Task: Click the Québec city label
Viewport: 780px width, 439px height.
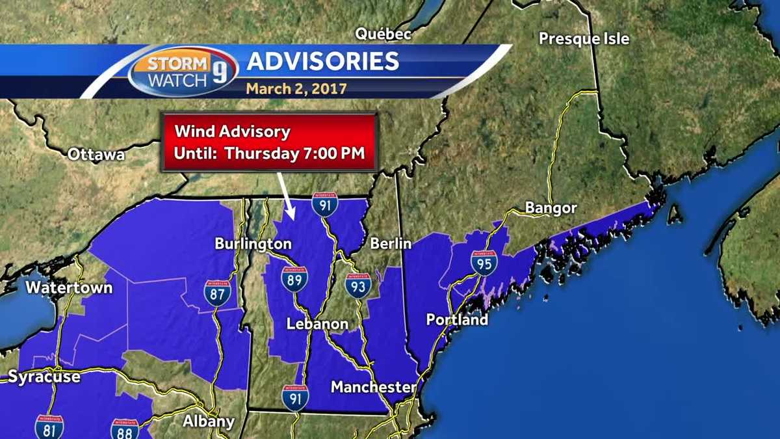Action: click(383, 33)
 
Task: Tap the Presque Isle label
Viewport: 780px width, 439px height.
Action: click(584, 39)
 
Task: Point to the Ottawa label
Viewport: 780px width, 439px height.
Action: click(96, 155)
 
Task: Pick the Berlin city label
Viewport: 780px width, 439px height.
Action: click(391, 244)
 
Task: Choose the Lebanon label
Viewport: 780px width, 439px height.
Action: click(318, 324)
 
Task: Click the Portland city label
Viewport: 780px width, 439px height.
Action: click(457, 320)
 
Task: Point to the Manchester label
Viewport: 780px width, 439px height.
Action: click(373, 387)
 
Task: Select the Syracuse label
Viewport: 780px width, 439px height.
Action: click(44, 377)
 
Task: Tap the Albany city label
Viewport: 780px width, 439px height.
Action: click(208, 421)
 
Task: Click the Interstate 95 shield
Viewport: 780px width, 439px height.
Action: click(484, 263)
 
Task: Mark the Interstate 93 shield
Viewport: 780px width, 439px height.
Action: click(357, 286)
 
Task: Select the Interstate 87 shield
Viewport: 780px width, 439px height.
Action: click(216, 293)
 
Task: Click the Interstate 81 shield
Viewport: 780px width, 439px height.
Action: click(49, 427)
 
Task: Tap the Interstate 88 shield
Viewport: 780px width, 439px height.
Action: click(124, 429)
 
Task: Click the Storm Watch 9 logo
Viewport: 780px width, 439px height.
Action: click(183, 71)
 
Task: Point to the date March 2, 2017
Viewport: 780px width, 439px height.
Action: click(296, 88)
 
